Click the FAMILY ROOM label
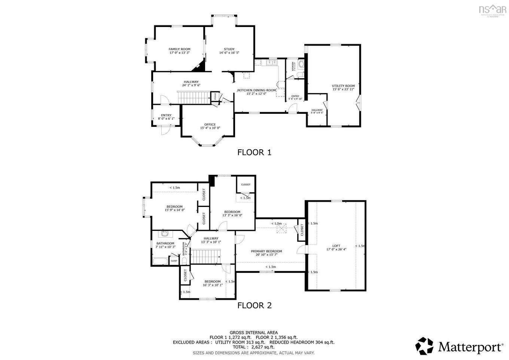(179, 49)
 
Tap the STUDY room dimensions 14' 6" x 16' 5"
(229, 53)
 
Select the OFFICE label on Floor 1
(210, 125)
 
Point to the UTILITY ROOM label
(343, 86)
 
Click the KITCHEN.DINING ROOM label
(257, 90)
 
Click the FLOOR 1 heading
(254, 152)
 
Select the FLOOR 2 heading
(254, 305)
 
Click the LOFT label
(336, 246)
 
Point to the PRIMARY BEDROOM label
(266, 251)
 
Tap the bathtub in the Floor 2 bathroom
(161, 261)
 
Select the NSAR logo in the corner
(493, 9)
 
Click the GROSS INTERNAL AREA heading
(253, 332)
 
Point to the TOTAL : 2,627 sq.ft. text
(253, 347)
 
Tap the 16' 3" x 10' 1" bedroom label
(212, 281)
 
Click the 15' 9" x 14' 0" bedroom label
(174, 207)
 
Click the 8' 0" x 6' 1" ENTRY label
(166, 115)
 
